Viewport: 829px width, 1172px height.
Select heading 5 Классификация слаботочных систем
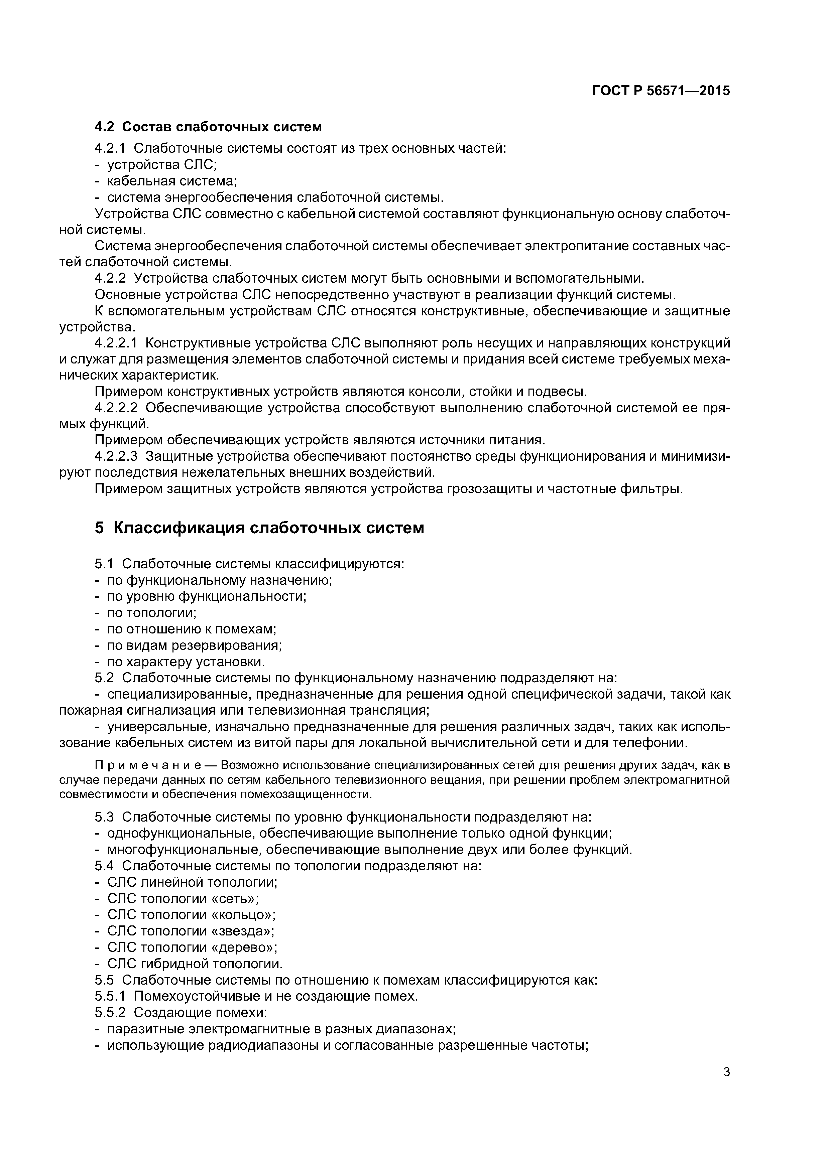point(259,528)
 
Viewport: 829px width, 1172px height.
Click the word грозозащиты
point(491,489)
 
